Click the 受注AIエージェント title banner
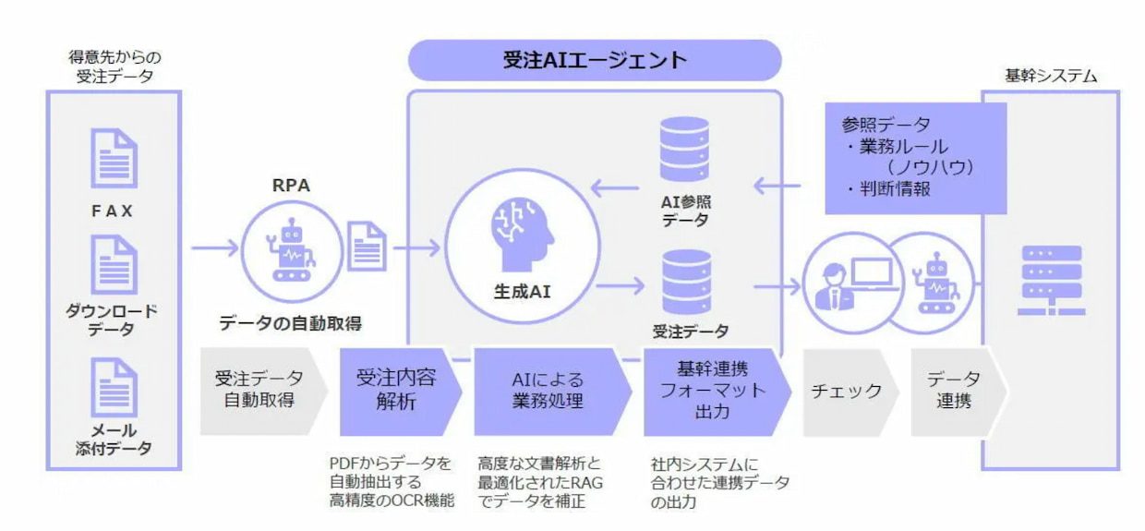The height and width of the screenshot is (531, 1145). (x=595, y=60)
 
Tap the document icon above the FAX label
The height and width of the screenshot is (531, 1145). (x=114, y=159)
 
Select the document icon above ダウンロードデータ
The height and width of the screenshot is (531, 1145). (x=114, y=264)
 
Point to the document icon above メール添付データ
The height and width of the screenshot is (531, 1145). (x=114, y=387)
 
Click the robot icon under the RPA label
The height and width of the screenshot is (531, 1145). (x=291, y=250)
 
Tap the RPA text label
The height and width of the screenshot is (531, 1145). (x=291, y=185)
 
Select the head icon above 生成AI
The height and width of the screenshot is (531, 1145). (x=522, y=234)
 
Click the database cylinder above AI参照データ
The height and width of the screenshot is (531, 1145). (x=684, y=149)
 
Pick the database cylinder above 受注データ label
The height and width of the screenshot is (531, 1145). (x=686, y=282)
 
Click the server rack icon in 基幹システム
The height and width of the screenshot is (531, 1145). (x=1051, y=280)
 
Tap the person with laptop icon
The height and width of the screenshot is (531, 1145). (x=852, y=284)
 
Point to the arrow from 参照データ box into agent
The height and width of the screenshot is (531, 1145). (x=777, y=186)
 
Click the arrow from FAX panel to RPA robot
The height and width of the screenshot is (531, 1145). (x=215, y=248)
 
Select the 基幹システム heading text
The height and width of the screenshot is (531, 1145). (x=1051, y=76)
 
